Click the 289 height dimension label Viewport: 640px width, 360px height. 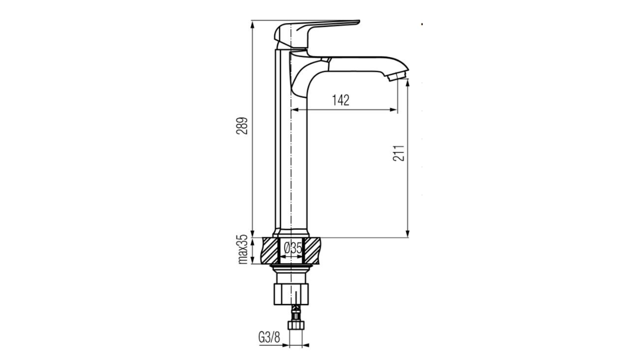coord(244,126)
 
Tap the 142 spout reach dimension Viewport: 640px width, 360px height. coord(341,100)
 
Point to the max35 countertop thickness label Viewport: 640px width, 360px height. coord(244,249)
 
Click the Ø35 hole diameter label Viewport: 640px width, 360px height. coord(293,249)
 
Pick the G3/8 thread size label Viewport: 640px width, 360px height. coord(269,338)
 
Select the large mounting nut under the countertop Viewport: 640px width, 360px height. coord(291,294)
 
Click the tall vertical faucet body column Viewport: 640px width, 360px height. coord(291,140)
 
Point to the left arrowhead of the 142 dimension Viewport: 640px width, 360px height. coord(296,110)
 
